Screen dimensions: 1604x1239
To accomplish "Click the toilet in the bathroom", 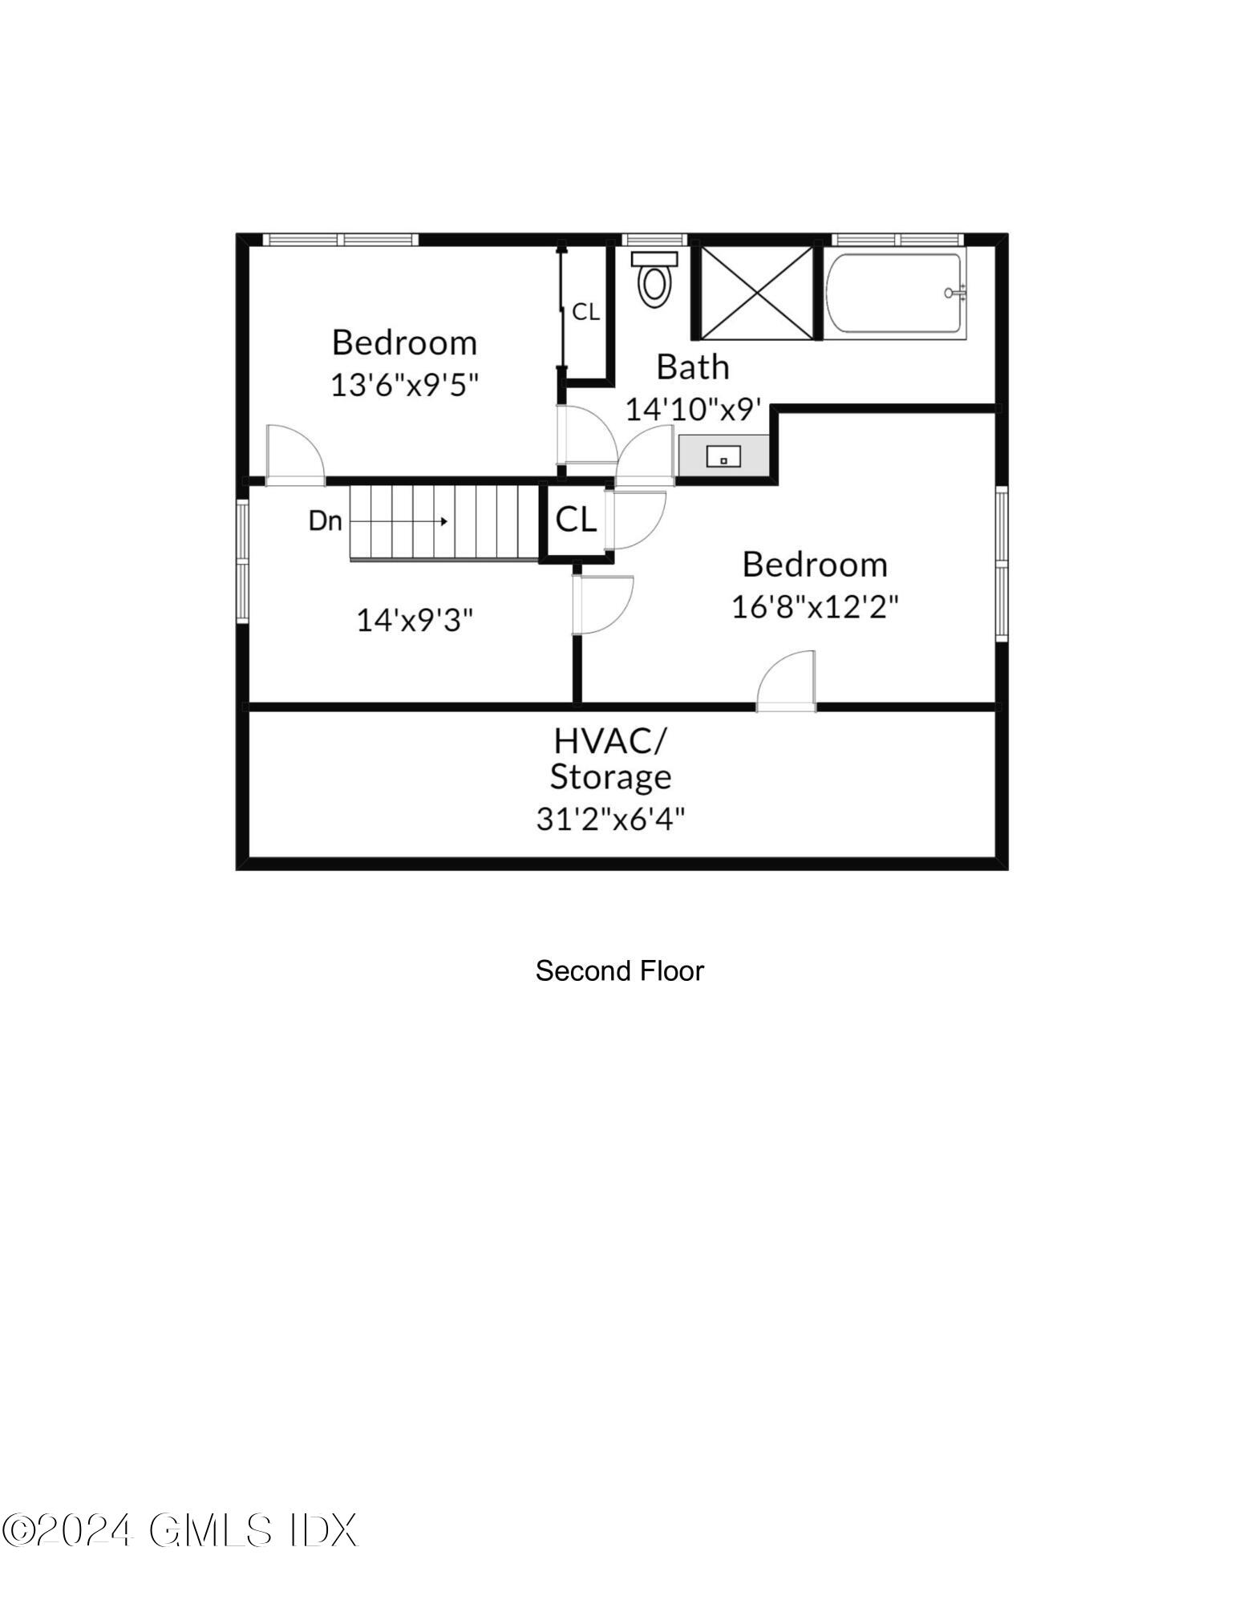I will click(x=654, y=278).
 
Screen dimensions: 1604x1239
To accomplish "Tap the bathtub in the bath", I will click(x=893, y=294).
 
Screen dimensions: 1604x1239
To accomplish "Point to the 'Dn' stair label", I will click(x=325, y=521).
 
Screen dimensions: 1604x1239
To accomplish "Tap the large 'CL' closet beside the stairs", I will click(x=576, y=520).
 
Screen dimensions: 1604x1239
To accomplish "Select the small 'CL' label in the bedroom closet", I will click(x=585, y=312).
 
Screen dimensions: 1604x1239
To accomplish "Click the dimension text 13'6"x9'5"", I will click(x=404, y=385).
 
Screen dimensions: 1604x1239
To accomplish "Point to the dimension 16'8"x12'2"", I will click(x=815, y=607).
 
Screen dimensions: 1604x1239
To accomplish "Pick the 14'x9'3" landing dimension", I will click(x=415, y=620).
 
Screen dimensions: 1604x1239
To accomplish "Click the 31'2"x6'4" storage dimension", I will click(x=610, y=820).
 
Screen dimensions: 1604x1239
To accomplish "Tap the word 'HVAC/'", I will click(x=609, y=741).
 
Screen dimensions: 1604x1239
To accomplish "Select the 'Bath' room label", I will click(x=693, y=367).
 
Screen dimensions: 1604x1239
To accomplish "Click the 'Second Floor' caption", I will click(x=619, y=971).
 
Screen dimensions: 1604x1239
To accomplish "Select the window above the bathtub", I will click(x=897, y=239).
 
